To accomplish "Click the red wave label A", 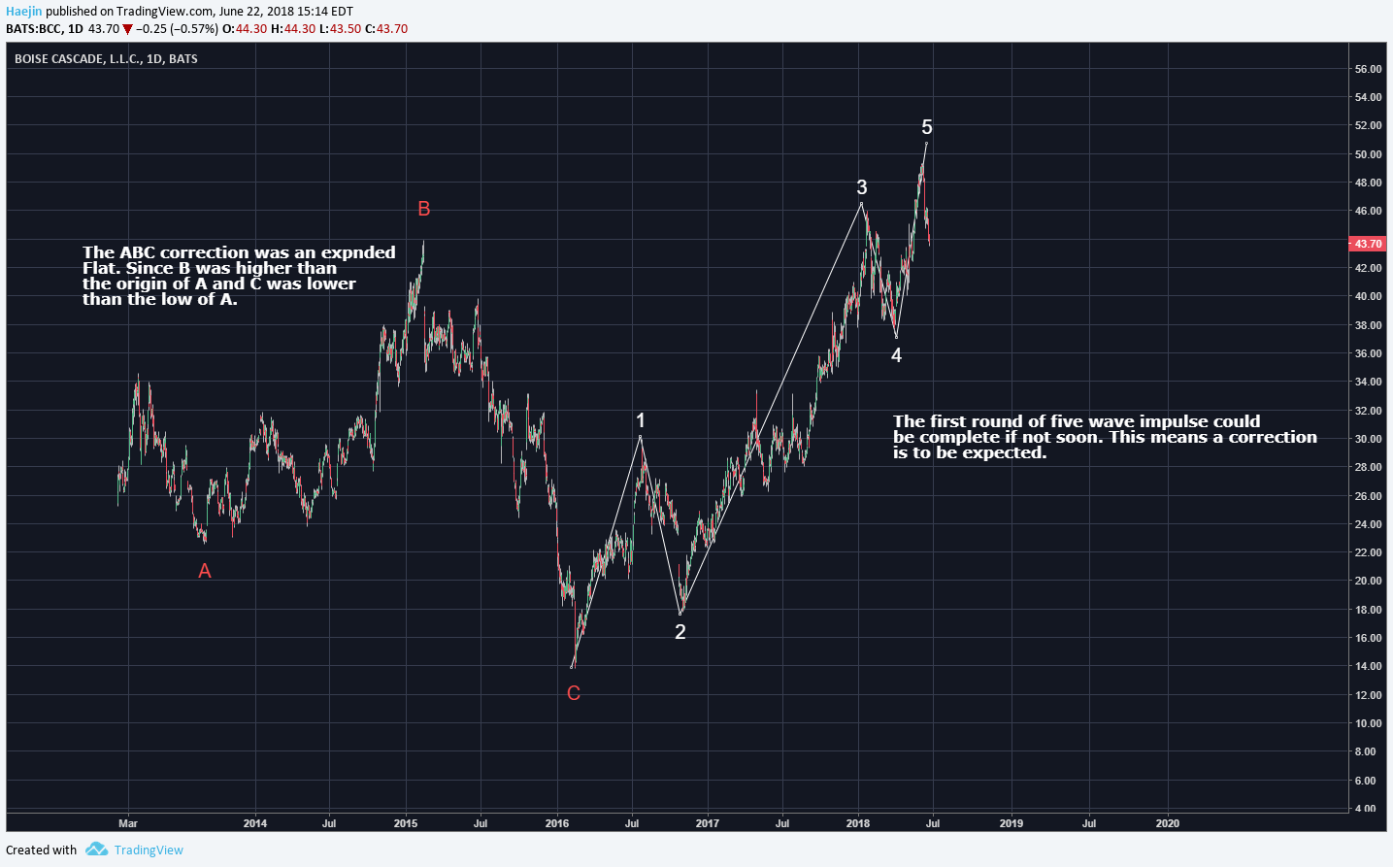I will click(205, 572).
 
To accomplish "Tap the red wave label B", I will click(424, 209).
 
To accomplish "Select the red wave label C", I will click(574, 693).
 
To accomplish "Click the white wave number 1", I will click(641, 420).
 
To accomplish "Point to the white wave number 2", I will click(680, 632).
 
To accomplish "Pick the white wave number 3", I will click(862, 187).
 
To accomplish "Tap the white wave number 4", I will click(896, 355).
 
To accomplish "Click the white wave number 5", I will click(927, 127).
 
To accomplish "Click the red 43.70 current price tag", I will click(1368, 244).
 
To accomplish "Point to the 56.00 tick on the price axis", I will click(1368, 69).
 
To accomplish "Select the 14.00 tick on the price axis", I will click(1368, 666).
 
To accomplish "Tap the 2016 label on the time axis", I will click(557, 823).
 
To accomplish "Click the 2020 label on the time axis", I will click(1168, 823).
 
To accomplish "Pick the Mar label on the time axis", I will click(128, 823).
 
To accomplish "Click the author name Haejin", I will click(24, 12).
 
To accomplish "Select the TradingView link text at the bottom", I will click(149, 850).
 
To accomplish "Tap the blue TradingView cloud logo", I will click(96, 850).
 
